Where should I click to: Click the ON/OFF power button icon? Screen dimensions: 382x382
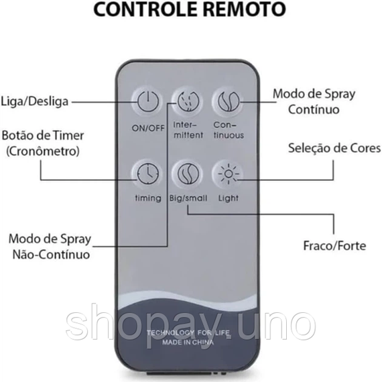(148, 101)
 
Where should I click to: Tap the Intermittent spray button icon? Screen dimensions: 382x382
(188, 101)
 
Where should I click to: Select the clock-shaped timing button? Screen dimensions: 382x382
(148, 174)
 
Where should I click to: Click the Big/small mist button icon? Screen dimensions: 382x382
(188, 174)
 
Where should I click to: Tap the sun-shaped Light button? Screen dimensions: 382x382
(229, 174)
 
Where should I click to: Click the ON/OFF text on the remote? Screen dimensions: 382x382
(148, 128)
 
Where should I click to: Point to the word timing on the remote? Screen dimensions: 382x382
(148, 198)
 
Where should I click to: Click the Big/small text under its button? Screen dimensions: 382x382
(188, 198)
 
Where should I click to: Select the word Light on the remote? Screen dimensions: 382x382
(229, 198)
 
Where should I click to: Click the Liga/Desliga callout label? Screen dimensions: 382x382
(35, 101)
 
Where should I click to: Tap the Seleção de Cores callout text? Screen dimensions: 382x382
(334, 148)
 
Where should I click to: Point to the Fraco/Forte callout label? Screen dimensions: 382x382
(334, 245)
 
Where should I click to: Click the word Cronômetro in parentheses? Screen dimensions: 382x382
(43, 151)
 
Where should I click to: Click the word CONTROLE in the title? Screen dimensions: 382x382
(145, 9)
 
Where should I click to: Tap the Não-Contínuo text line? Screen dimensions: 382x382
(51, 255)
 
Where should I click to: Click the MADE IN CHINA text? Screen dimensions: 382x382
(188, 342)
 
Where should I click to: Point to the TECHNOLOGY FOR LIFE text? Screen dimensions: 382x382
(188, 332)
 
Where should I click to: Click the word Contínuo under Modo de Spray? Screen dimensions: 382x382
(314, 109)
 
